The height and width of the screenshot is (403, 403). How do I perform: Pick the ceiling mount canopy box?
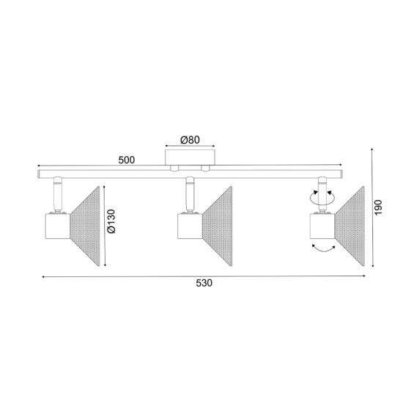[x=191, y=158]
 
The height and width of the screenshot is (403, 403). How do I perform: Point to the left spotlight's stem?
[x=56, y=196]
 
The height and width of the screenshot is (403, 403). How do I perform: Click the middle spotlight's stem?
[x=189, y=196]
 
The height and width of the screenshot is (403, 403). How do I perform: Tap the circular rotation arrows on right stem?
[x=322, y=196]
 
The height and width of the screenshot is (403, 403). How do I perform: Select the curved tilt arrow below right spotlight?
[x=322, y=250]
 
